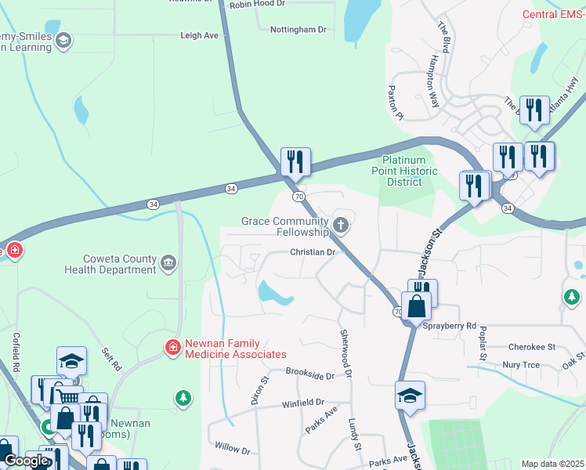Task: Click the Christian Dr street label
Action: [313, 252]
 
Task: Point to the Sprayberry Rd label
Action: [450, 325]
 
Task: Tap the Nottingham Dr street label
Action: [298, 30]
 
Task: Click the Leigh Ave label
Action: [199, 36]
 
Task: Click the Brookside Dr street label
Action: [309, 374]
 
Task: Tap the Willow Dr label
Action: [232, 450]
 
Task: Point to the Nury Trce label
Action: [522, 365]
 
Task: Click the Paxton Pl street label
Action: [395, 104]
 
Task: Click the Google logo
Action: [26, 461]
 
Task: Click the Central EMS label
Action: [554, 15]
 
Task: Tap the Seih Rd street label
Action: [113, 360]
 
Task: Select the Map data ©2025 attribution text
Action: [552, 464]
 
